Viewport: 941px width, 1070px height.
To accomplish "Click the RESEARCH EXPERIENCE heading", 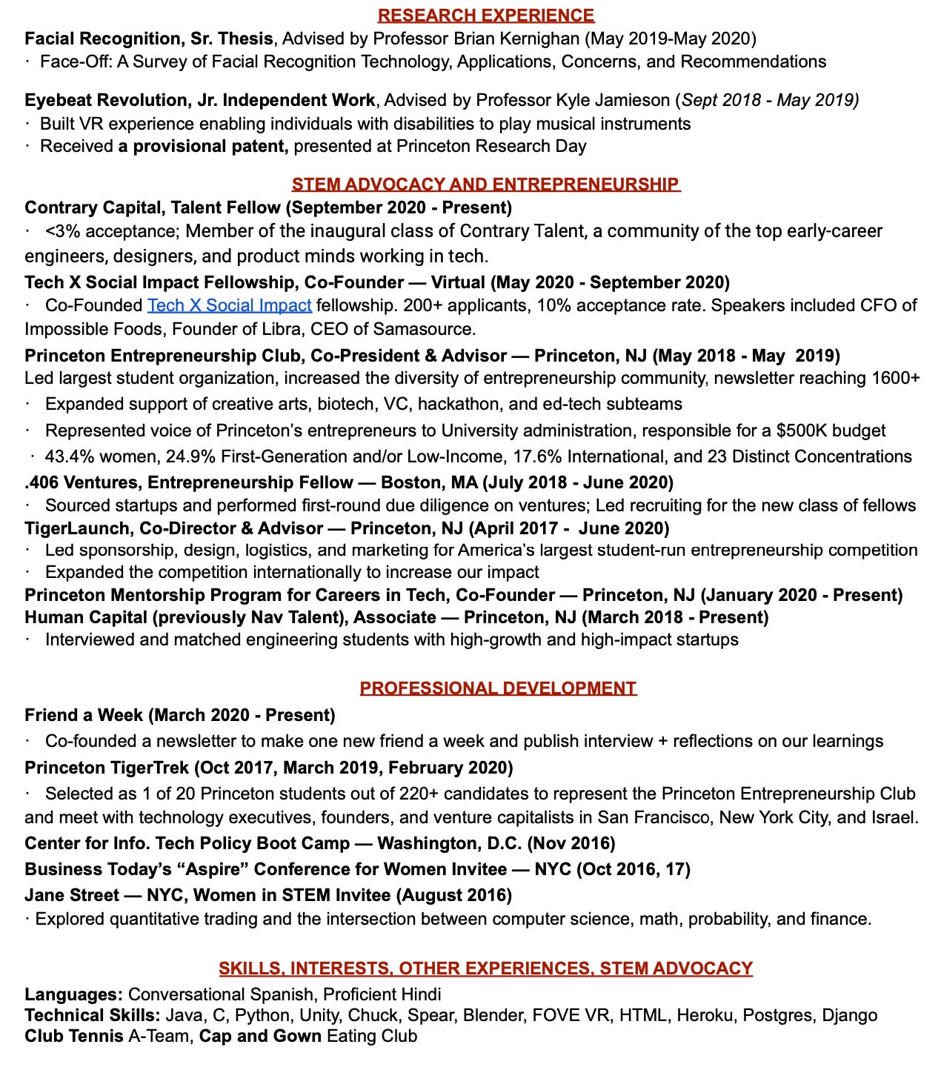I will click(x=485, y=15).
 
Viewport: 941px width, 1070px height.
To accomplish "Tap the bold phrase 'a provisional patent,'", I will click(x=203, y=146).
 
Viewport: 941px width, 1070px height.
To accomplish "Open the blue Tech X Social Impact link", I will click(x=229, y=305).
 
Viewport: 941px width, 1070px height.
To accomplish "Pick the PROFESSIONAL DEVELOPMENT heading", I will click(x=498, y=688).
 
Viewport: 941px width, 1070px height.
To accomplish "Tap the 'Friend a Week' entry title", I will click(x=83, y=715).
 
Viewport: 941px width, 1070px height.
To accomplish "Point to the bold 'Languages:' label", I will click(x=73, y=994).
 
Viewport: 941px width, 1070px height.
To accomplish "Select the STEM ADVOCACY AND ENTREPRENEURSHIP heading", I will click(x=485, y=184).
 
